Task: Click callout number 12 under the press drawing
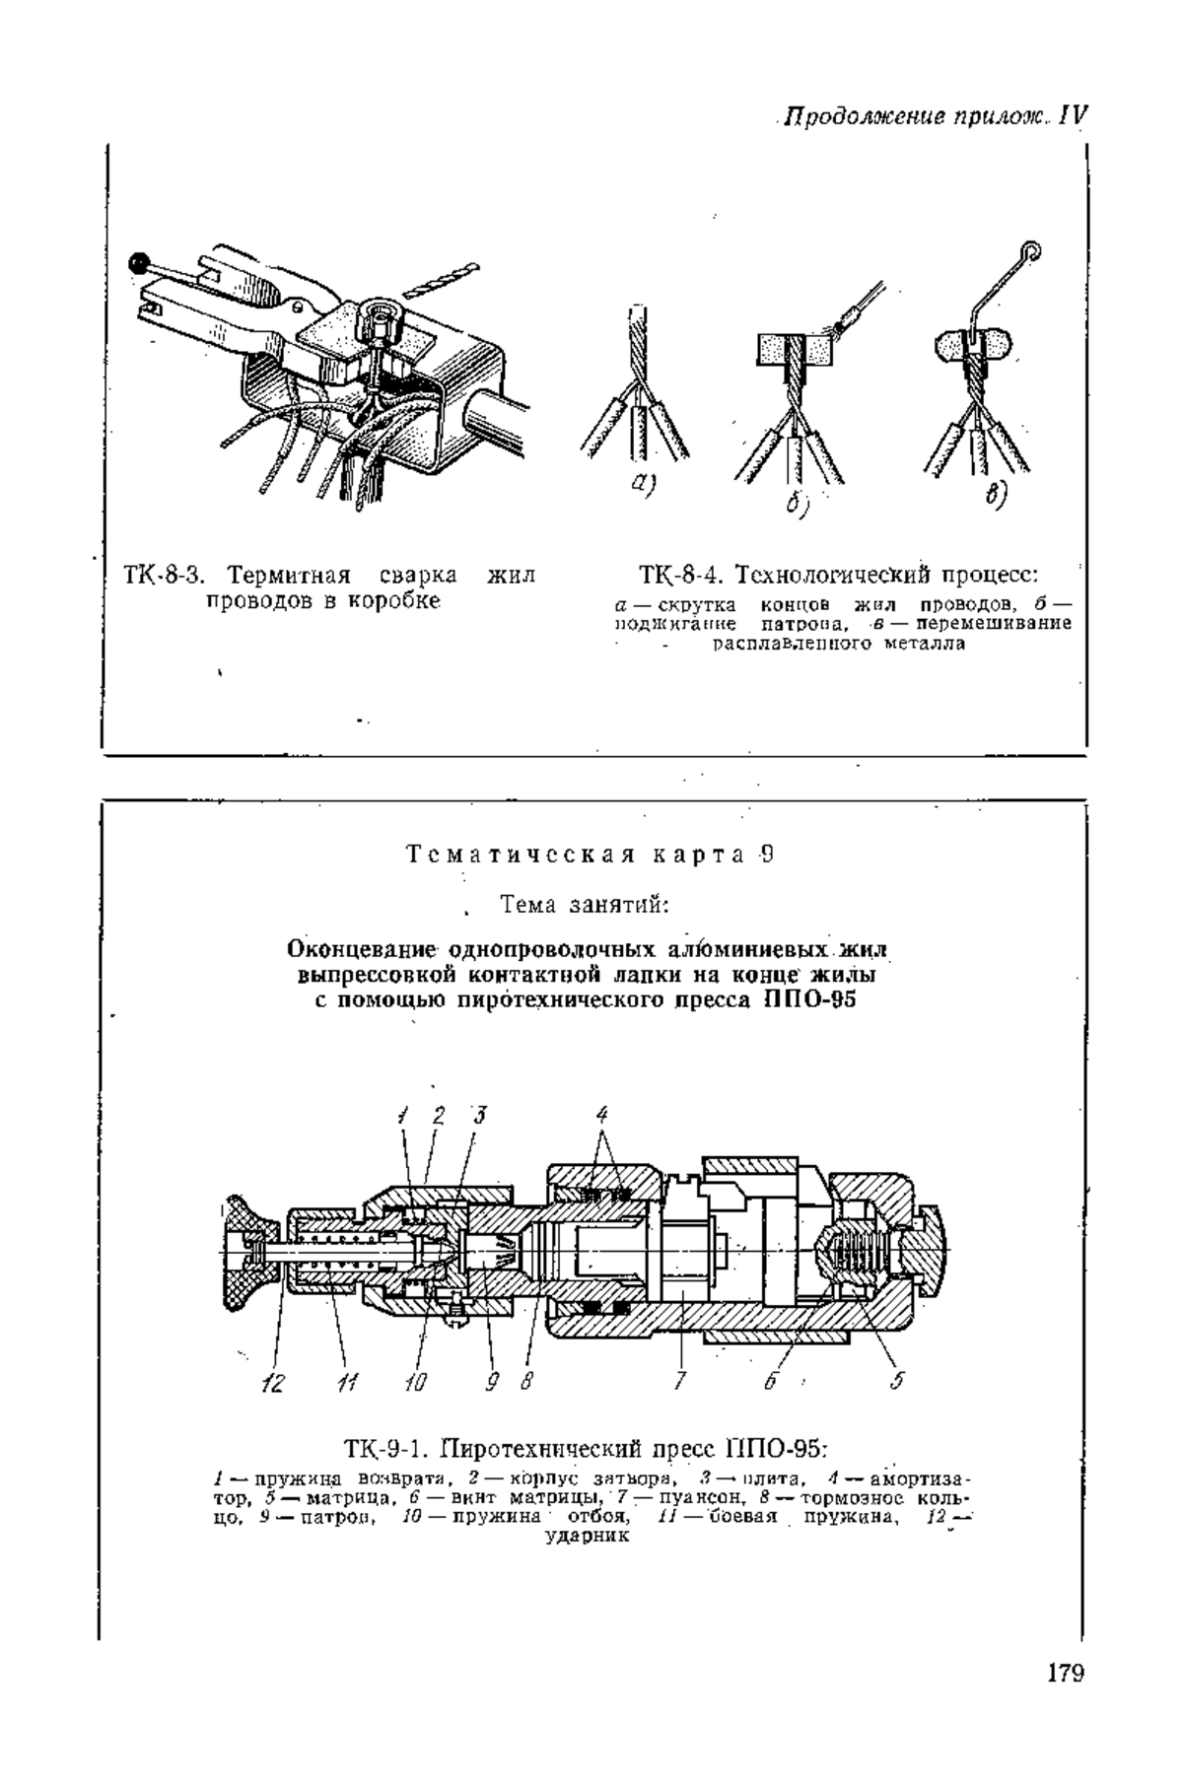click(271, 1382)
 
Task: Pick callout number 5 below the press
click(896, 1381)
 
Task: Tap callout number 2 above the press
click(439, 1117)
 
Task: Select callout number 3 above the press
click(480, 1117)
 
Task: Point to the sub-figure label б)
click(796, 504)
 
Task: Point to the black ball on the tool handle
click(139, 263)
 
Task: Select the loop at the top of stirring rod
click(1031, 251)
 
